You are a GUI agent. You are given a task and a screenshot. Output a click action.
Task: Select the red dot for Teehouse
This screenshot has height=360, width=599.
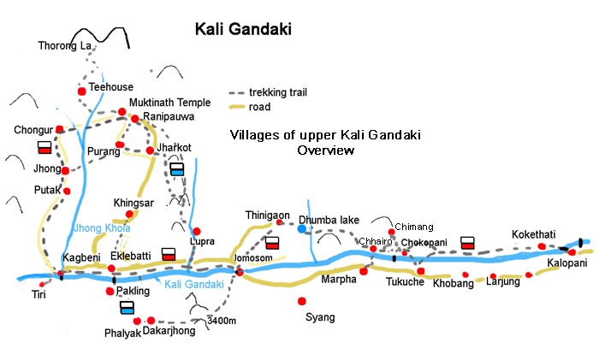81,91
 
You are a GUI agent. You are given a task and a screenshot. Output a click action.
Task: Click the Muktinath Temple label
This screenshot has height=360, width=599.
169,103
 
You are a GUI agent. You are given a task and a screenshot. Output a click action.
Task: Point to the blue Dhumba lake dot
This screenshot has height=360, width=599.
301,228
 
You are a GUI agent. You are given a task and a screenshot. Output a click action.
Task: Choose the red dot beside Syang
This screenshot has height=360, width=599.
301,301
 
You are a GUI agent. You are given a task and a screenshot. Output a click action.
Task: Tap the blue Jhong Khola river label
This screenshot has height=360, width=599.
102,228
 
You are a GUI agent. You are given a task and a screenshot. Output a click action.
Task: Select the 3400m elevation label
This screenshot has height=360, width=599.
222,321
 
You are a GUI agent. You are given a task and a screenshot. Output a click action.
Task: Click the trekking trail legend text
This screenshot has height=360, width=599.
278,91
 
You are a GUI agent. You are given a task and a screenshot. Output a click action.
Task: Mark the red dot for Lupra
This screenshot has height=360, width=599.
196,231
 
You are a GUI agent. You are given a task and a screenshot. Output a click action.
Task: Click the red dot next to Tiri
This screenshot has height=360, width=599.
43,282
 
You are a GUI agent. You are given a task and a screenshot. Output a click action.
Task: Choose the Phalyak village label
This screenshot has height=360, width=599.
120,332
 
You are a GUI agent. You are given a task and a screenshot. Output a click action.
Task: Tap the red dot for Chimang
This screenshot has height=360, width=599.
391,232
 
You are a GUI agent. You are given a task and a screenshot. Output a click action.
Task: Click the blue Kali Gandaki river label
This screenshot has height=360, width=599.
193,284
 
